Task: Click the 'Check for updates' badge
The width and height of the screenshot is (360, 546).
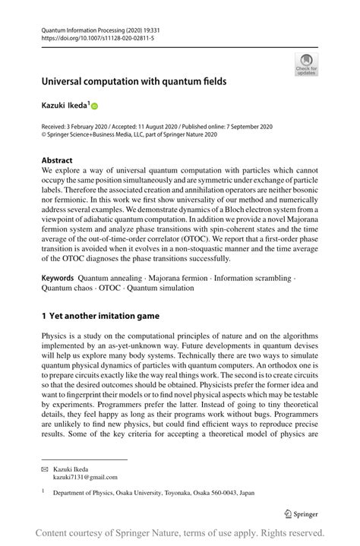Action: tap(306, 64)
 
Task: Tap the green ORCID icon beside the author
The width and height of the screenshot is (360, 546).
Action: tap(95, 106)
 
